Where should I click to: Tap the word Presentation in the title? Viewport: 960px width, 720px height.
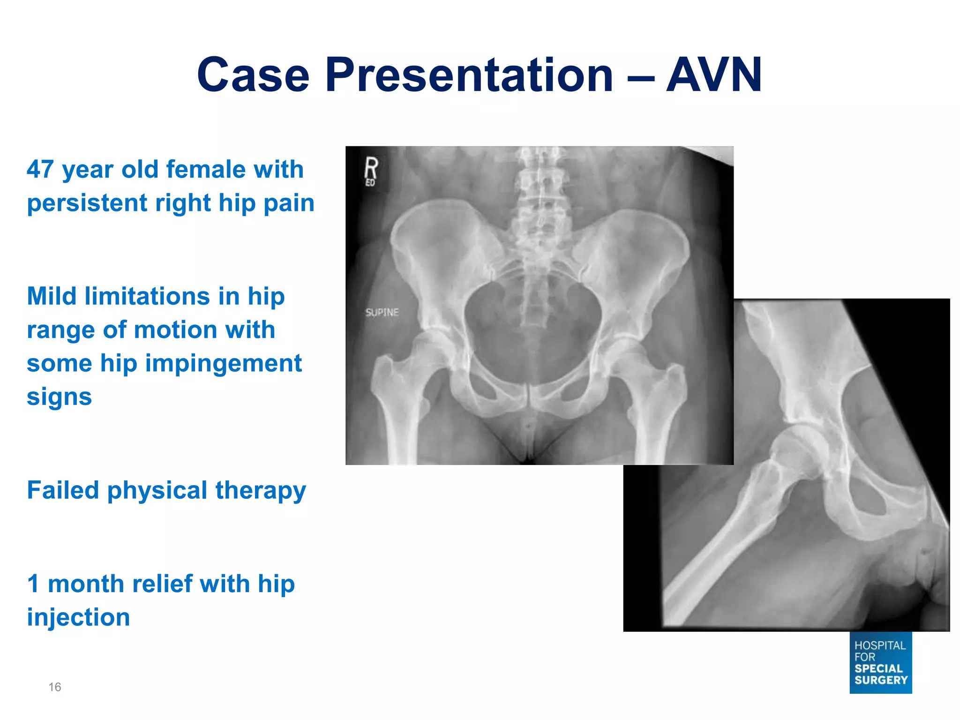tap(469, 75)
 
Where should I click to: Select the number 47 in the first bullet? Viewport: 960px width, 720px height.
tap(40, 169)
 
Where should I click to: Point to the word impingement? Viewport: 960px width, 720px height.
tap(224, 363)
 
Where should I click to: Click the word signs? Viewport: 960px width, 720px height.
tap(59, 397)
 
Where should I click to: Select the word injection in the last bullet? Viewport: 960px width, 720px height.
tap(78, 617)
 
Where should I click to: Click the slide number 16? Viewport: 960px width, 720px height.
tap(55, 687)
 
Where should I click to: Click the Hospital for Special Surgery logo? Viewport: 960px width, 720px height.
tap(880, 662)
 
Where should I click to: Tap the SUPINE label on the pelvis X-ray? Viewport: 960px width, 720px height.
tap(382, 312)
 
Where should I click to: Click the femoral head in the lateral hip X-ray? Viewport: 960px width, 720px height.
tap(797, 452)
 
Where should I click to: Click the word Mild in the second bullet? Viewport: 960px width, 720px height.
tap(52, 296)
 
